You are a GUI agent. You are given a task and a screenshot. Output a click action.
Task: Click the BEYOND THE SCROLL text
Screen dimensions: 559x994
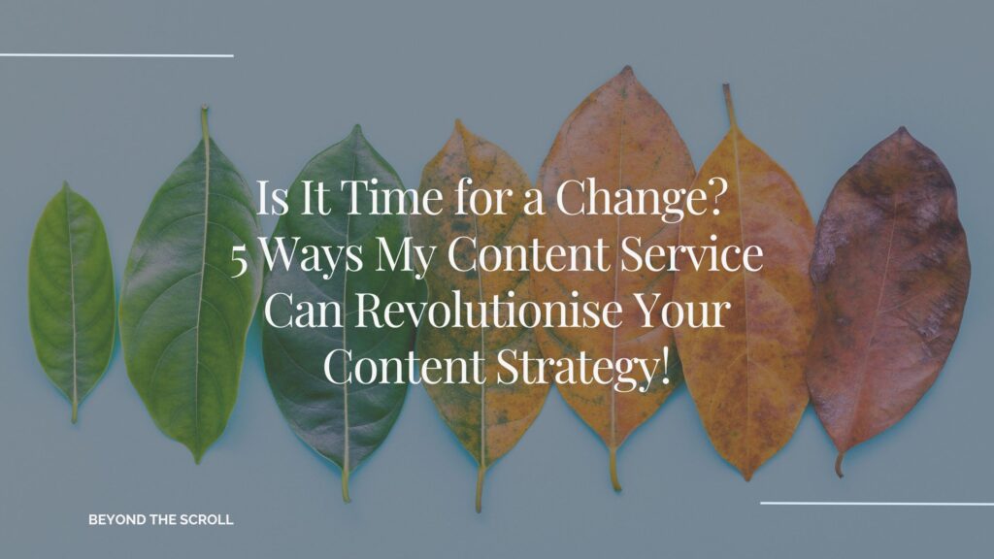pos(161,520)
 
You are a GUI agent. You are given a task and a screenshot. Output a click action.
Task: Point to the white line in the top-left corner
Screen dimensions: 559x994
pos(116,55)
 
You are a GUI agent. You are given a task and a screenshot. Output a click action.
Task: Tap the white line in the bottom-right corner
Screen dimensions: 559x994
pos(877,503)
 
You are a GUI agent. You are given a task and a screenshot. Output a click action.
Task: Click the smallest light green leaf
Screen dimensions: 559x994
pos(71,291)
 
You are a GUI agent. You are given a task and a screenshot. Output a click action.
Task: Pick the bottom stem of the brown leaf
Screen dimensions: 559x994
pos(839,467)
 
